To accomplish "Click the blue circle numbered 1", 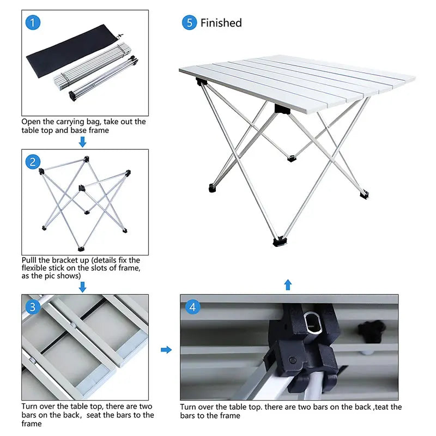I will (x=33, y=23).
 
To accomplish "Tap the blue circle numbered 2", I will (x=33, y=161).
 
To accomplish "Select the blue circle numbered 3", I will (x=33, y=307).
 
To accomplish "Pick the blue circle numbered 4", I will (x=192, y=307).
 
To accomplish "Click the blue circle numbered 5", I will (x=189, y=23).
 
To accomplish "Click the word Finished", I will (x=221, y=23).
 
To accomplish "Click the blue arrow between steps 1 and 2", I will (x=82, y=142).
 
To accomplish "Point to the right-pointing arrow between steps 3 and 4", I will (x=166, y=349).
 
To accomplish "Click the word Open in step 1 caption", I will (x=31, y=122).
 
